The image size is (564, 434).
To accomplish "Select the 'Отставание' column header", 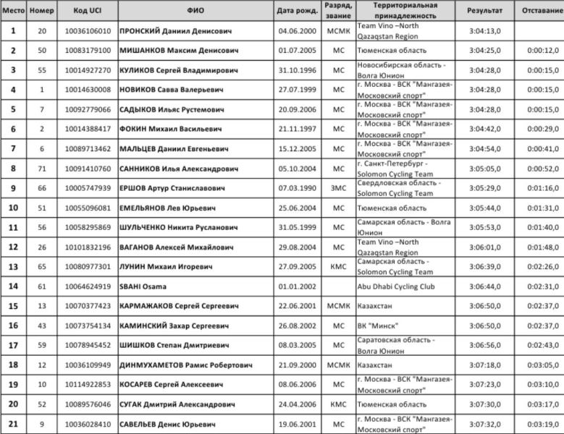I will pos(539,11).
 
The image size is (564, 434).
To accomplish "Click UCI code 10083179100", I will pos(88,51).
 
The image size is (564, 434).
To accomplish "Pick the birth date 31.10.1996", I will pos(297,70).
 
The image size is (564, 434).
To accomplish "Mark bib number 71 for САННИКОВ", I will pos(41,168).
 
